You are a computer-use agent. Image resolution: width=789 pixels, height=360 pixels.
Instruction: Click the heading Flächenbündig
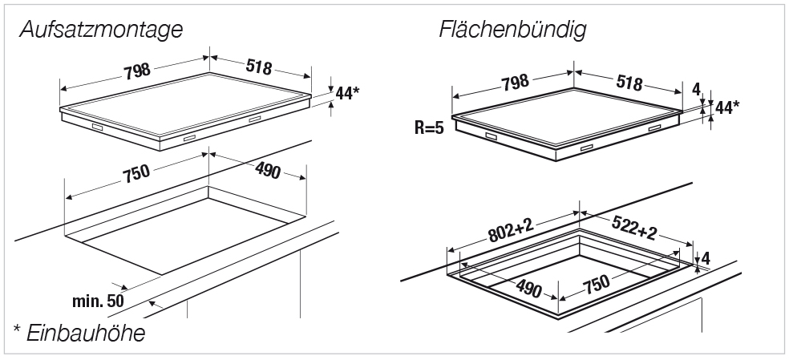[512, 30]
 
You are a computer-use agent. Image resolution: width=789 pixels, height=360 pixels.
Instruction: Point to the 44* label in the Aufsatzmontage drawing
[346, 93]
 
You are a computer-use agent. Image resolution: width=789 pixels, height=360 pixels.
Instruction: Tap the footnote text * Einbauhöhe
[79, 332]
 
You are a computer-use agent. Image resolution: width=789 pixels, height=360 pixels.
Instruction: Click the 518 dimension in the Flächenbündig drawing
[630, 83]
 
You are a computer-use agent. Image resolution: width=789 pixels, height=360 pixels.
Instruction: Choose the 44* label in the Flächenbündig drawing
[727, 107]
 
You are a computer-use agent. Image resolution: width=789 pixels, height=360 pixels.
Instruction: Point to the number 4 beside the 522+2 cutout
[706, 258]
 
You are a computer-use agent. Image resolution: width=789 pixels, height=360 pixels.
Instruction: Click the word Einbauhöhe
[87, 332]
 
